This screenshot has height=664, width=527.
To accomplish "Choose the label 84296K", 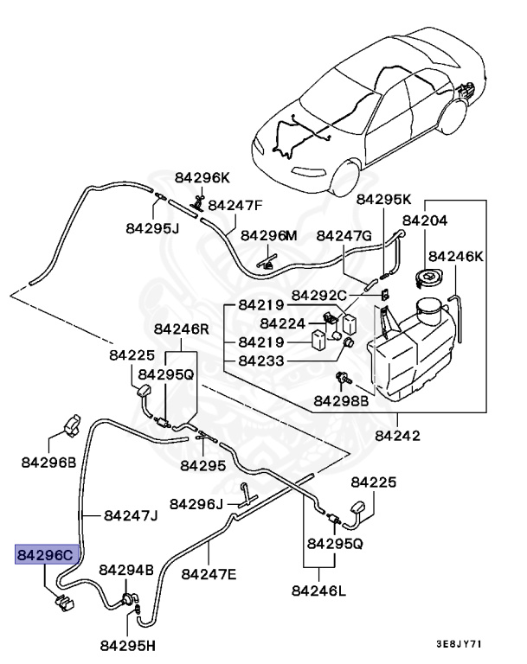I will tap(202, 177).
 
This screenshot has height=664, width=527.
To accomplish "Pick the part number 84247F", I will tap(235, 205).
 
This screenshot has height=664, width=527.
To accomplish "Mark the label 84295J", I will tap(151, 228).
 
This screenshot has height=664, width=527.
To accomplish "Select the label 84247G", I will tap(344, 235).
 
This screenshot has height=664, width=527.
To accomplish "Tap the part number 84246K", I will tap(456, 256).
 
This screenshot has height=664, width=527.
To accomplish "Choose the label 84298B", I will tap(341, 400).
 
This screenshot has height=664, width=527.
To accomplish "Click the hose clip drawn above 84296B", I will tap(72, 425).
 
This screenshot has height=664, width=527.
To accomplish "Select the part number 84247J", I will tap(131, 515).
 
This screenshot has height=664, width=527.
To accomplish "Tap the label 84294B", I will tap(126, 570).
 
